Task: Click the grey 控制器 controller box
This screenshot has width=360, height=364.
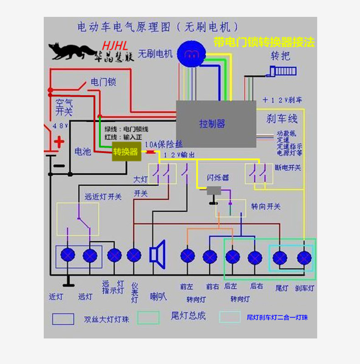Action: (216, 124)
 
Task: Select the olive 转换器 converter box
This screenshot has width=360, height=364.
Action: (125, 152)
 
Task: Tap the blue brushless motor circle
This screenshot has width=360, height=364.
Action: (190, 53)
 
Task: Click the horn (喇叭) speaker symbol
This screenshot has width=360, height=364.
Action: (157, 252)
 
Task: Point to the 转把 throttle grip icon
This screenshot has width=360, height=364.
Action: (283, 72)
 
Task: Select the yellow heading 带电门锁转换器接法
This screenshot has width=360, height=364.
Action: (264, 42)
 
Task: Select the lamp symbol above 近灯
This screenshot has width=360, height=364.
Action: (68, 255)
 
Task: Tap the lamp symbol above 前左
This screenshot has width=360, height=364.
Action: (187, 256)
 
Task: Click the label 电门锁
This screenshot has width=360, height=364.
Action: (103, 82)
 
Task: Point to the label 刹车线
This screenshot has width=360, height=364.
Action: (282, 119)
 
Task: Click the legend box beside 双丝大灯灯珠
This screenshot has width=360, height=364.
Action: (63, 318)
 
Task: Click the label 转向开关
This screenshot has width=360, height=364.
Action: (266, 207)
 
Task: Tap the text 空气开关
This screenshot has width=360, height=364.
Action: (64, 107)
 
